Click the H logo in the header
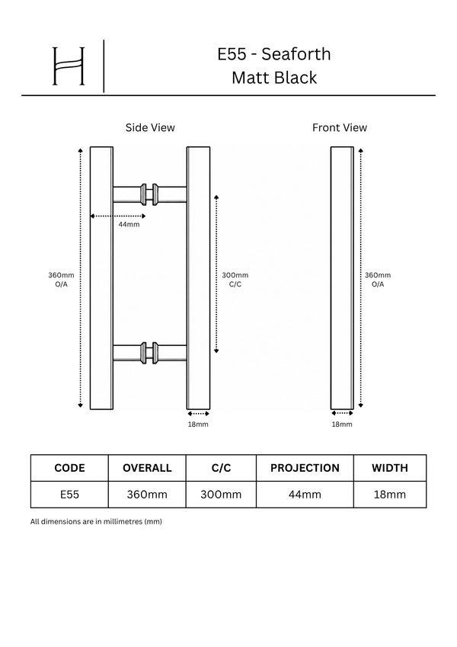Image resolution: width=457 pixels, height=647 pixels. tap(69, 66)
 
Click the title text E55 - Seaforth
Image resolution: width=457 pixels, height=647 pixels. tap(274, 54)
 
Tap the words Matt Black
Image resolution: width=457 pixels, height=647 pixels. tap(274, 78)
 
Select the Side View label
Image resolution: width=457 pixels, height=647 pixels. tap(150, 127)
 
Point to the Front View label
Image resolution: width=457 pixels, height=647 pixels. tap(340, 127)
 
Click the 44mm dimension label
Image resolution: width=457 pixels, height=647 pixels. tap(129, 225)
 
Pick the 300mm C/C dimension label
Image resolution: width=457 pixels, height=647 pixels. tap(235, 280)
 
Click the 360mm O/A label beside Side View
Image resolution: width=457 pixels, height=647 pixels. tap(61, 280)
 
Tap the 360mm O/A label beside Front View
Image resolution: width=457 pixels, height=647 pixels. tap(377, 280)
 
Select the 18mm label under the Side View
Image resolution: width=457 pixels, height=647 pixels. tap(198, 424)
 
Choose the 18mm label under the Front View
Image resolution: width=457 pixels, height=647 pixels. tap(342, 424)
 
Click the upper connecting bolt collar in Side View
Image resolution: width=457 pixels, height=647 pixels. tap(149, 194)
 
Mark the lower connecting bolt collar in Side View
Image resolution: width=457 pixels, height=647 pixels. tap(149, 353)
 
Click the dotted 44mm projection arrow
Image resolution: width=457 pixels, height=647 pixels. tap(117, 216)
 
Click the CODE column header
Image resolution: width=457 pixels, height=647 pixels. tap(69, 468)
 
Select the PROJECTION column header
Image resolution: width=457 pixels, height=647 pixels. tap(305, 468)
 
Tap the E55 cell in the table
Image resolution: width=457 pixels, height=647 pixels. tap(69, 495)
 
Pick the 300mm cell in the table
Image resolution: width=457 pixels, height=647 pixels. tap(221, 495)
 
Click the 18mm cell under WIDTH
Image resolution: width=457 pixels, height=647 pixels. tap(390, 495)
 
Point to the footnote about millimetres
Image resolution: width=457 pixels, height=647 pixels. tap(96, 521)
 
